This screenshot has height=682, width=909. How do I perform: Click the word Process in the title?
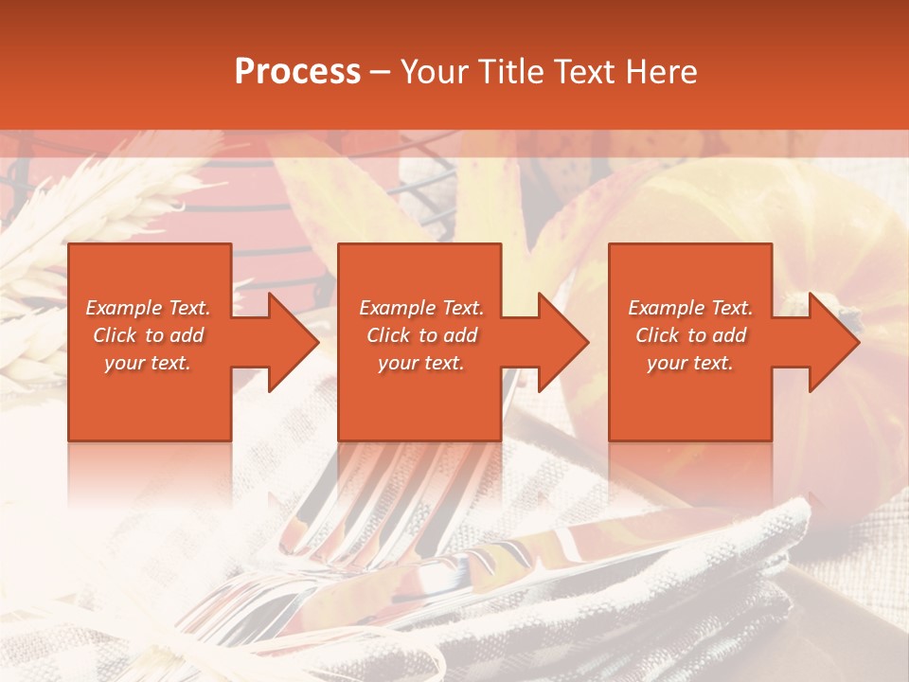coord(297,71)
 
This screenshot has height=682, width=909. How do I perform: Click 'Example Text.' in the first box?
coord(148,308)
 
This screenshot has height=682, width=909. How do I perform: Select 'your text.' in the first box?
coord(148,363)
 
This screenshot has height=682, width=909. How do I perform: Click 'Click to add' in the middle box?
coord(420,335)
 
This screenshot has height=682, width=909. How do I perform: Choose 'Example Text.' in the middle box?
coord(420,308)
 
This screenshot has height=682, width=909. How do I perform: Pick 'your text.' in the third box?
coord(690,363)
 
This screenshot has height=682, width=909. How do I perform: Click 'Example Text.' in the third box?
coord(690,308)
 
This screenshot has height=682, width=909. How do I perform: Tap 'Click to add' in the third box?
coord(690,335)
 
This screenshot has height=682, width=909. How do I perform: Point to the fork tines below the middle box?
coord(379,483)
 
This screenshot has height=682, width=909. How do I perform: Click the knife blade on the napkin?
coord(530,554)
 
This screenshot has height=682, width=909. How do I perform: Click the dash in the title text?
coord(381,72)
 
